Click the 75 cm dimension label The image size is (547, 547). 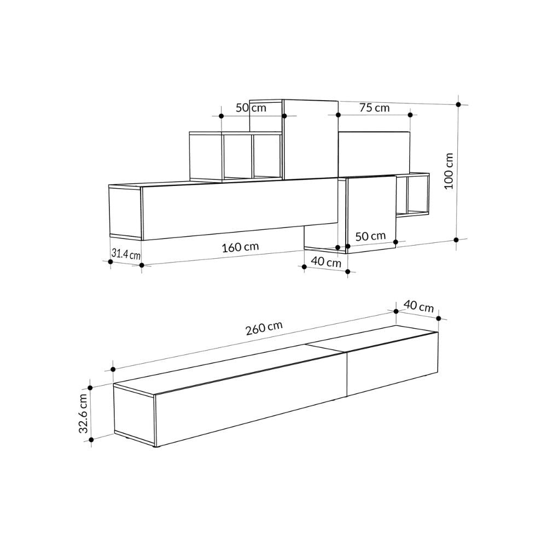point(375,108)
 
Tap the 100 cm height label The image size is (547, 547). point(449,171)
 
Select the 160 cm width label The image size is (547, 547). point(240,247)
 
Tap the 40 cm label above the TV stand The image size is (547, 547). point(418,306)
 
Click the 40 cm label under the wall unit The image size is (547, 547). point(325,261)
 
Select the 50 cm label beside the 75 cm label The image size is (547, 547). point(251,108)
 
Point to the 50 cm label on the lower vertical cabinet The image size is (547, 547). point(370,236)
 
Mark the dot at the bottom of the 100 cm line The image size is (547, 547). point(457,240)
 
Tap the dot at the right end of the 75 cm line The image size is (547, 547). point(411,115)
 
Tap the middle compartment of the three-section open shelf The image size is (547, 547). point(238,156)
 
